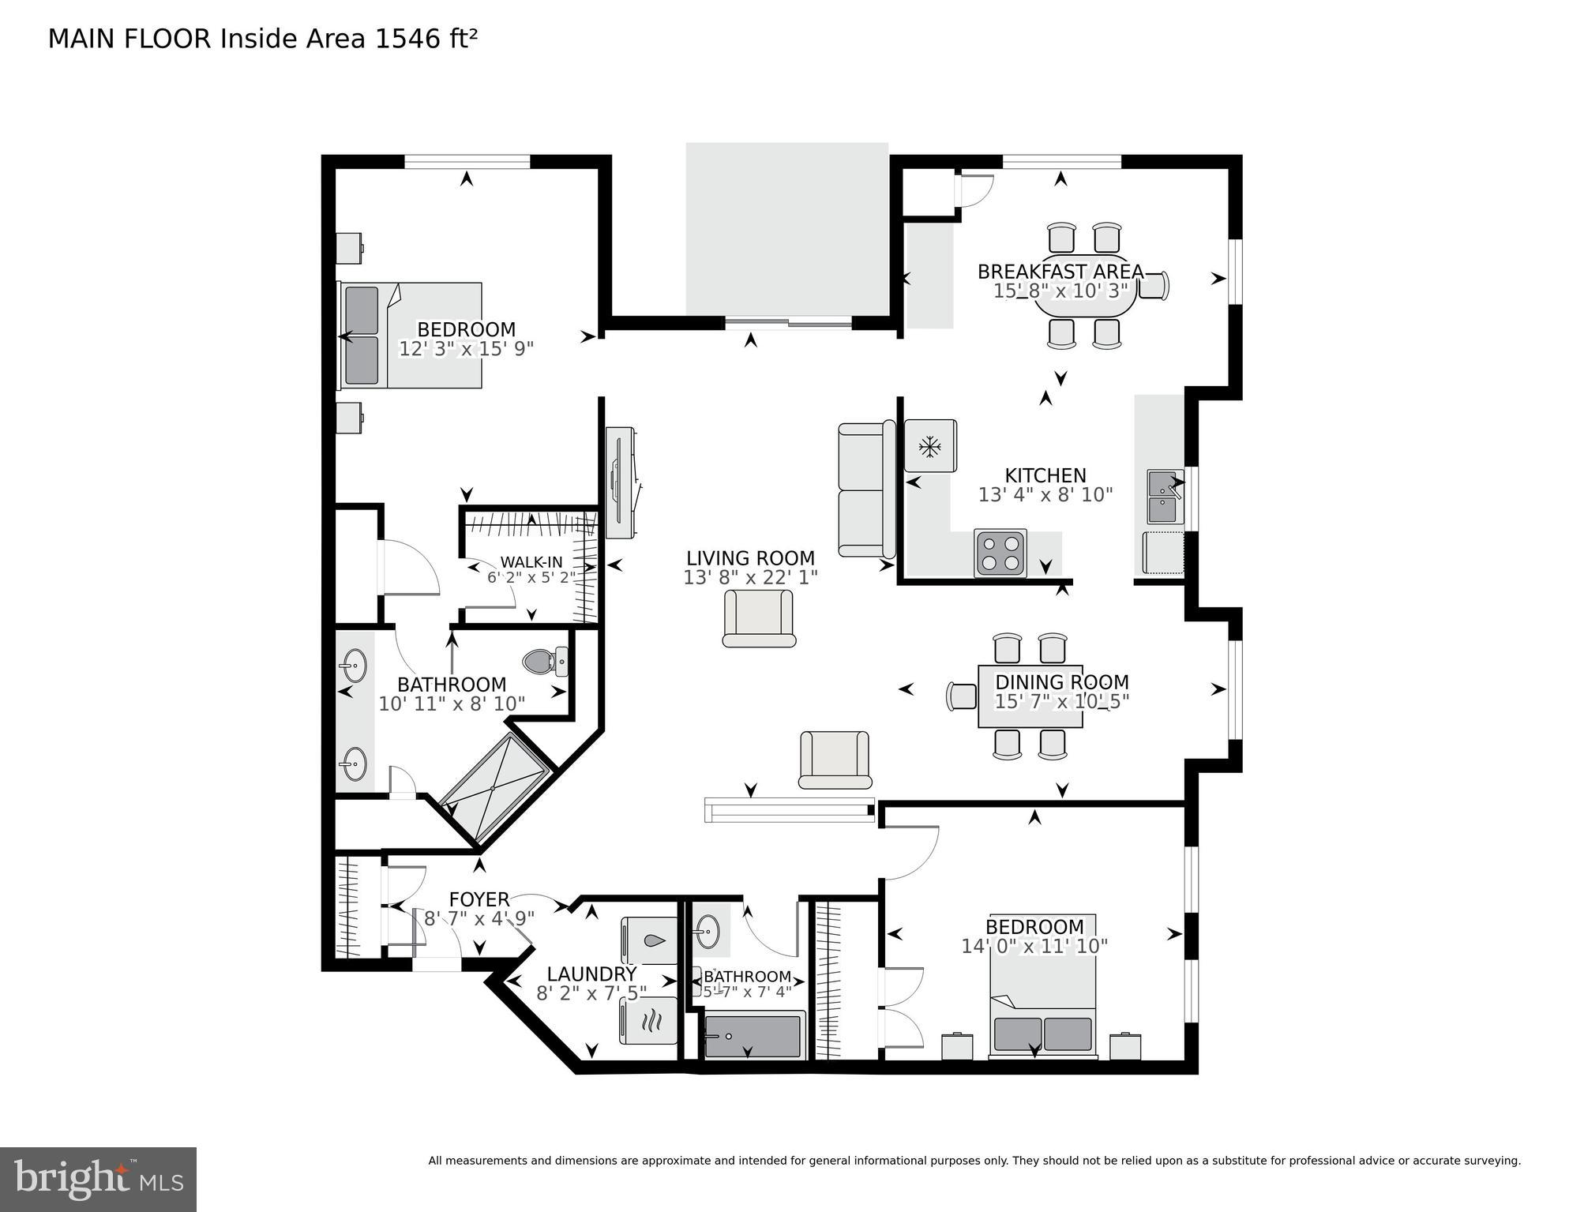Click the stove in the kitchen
(1000, 553)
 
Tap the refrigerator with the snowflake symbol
(930, 446)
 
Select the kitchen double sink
(1165, 497)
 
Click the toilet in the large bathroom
(546, 661)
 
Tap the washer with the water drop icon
(649, 940)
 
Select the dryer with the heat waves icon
(649, 1021)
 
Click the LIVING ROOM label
(750, 558)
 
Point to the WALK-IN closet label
(531, 562)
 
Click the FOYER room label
(479, 899)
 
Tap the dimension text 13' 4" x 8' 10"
(1045, 495)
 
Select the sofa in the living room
(867, 490)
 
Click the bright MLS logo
(98, 1180)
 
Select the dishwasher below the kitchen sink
(1164, 553)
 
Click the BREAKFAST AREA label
(1060, 272)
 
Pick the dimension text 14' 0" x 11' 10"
(1034, 946)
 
